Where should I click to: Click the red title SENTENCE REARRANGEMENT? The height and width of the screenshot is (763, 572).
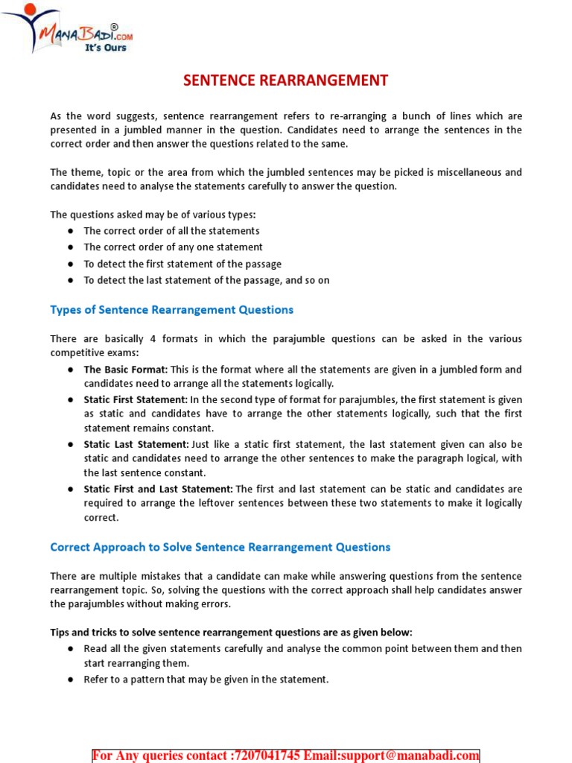pos(286,80)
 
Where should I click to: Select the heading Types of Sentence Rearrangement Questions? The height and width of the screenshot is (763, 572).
pos(171,309)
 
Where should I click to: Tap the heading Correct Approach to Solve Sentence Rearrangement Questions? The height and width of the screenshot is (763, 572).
pos(220,547)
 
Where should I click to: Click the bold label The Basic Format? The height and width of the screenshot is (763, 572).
pos(126,370)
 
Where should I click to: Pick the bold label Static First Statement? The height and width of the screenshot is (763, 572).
pos(136,399)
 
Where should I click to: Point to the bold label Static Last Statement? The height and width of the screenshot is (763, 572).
pos(136,444)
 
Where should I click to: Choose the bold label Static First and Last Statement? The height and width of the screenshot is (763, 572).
pos(159,489)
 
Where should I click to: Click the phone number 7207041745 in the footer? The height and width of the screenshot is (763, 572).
pos(266,756)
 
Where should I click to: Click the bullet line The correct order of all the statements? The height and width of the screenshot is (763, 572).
pos(171,231)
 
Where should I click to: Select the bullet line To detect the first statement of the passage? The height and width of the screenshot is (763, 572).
pos(182,264)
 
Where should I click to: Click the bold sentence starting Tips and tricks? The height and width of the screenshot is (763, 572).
pos(231,632)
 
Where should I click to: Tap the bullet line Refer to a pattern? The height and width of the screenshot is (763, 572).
pos(206,680)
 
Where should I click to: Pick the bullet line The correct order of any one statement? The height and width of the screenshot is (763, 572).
pos(173,247)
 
